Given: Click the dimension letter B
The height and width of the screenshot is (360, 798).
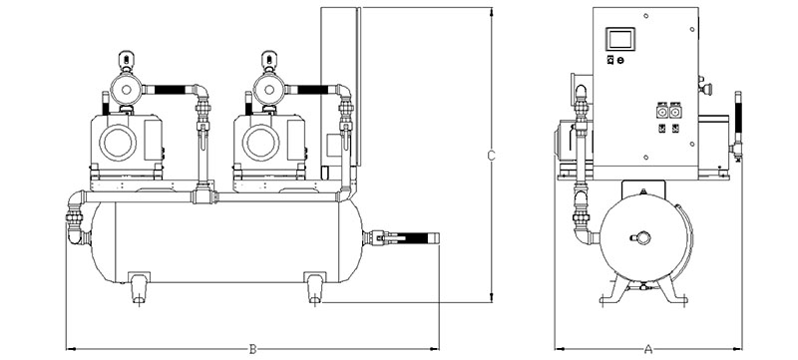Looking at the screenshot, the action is point(252,349).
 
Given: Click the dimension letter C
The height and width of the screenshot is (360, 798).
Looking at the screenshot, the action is point(491,156).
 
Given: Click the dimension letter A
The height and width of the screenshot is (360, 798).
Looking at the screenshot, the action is point(647,349).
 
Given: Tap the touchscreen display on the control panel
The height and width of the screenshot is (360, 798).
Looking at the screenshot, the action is point(619,39).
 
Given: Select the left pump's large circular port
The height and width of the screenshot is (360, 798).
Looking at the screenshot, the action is point(118,143).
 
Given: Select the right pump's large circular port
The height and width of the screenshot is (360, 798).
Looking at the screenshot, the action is point(261,143).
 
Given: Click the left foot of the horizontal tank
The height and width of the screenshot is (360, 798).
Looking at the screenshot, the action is point(139,288).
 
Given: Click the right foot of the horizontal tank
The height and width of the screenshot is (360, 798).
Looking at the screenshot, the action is point(315,288).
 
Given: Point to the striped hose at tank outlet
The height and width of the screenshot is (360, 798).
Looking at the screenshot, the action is point(414,237).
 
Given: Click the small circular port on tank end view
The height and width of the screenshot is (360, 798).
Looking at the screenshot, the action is point(643,237).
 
